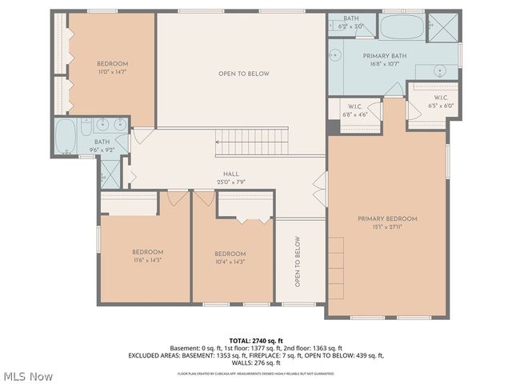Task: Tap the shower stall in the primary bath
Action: pyautogui.click(x=440, y=26)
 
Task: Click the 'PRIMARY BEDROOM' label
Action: pyautogui.click(x=387, y=218)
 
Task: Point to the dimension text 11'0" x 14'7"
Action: pyautogui.click(x=113, y=72)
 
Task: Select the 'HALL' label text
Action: pyautogui.click(x=231, y=174)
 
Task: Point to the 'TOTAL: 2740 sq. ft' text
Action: pyautogui.click(x=256, y=341)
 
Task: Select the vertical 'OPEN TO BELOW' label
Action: pyautogui.click(x=297, y=262)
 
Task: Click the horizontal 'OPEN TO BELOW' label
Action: pyautogui.click(x=244, y=74)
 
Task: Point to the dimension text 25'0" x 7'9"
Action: pyautogui.click(x=231, y=182)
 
